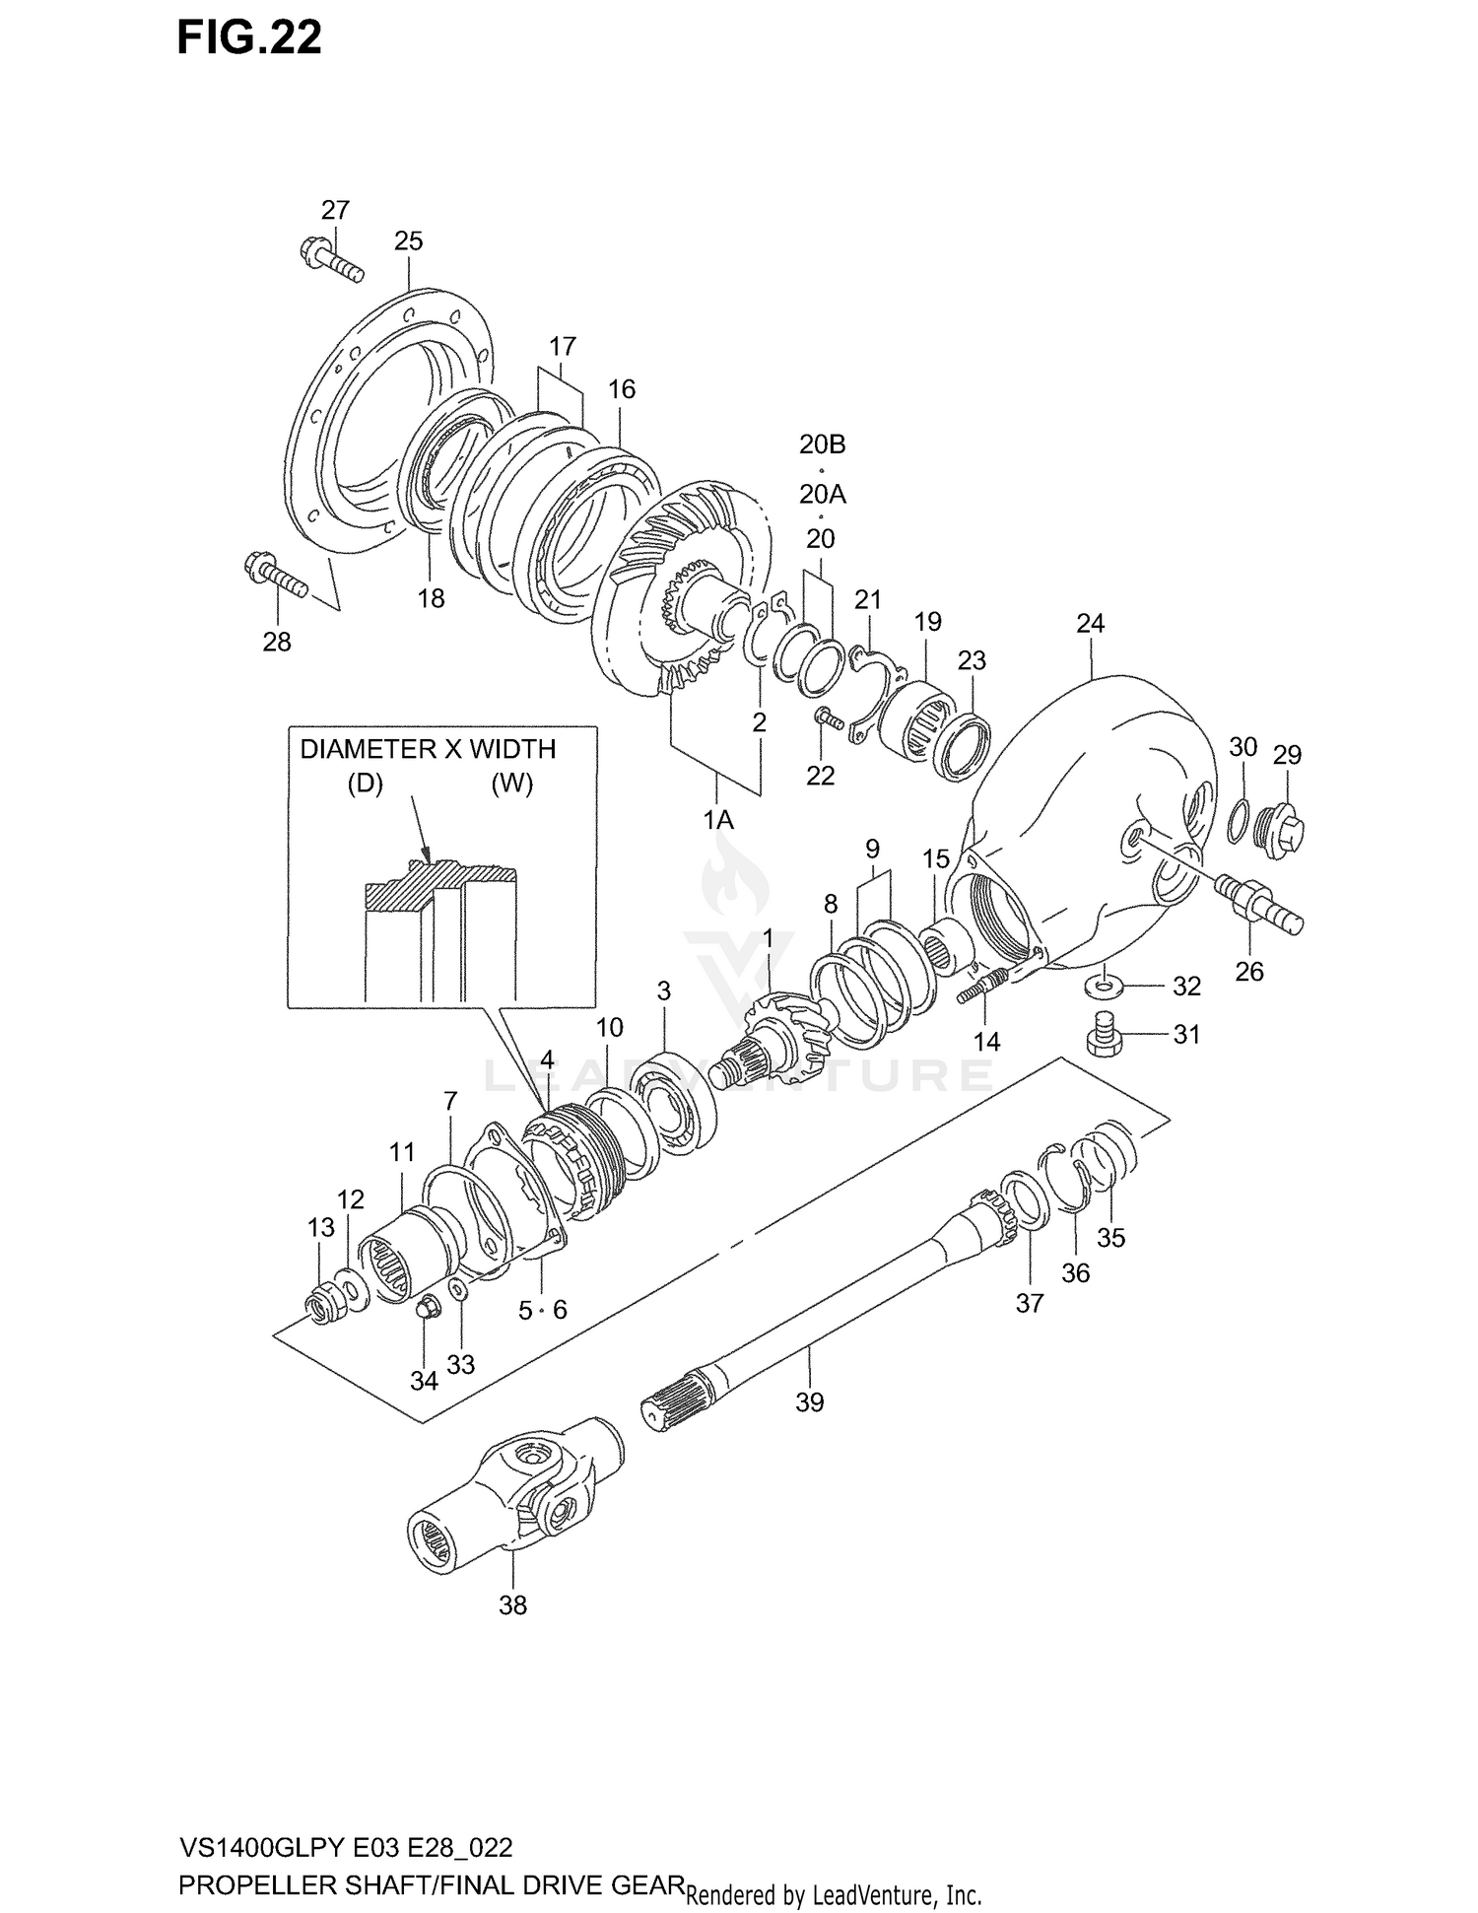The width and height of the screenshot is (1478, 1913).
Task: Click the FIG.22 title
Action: coord(249,38)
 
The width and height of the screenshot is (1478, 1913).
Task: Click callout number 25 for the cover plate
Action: coord(408,241)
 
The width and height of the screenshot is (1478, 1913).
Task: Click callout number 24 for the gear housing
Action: coord(1090,624)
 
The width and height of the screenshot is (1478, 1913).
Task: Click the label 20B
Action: coord(822,444)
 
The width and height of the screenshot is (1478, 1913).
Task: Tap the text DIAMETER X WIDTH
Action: coord(428,750)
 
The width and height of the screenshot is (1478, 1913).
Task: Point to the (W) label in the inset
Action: coord(511,785)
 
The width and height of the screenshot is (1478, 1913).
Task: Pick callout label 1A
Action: coord(717,820)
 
